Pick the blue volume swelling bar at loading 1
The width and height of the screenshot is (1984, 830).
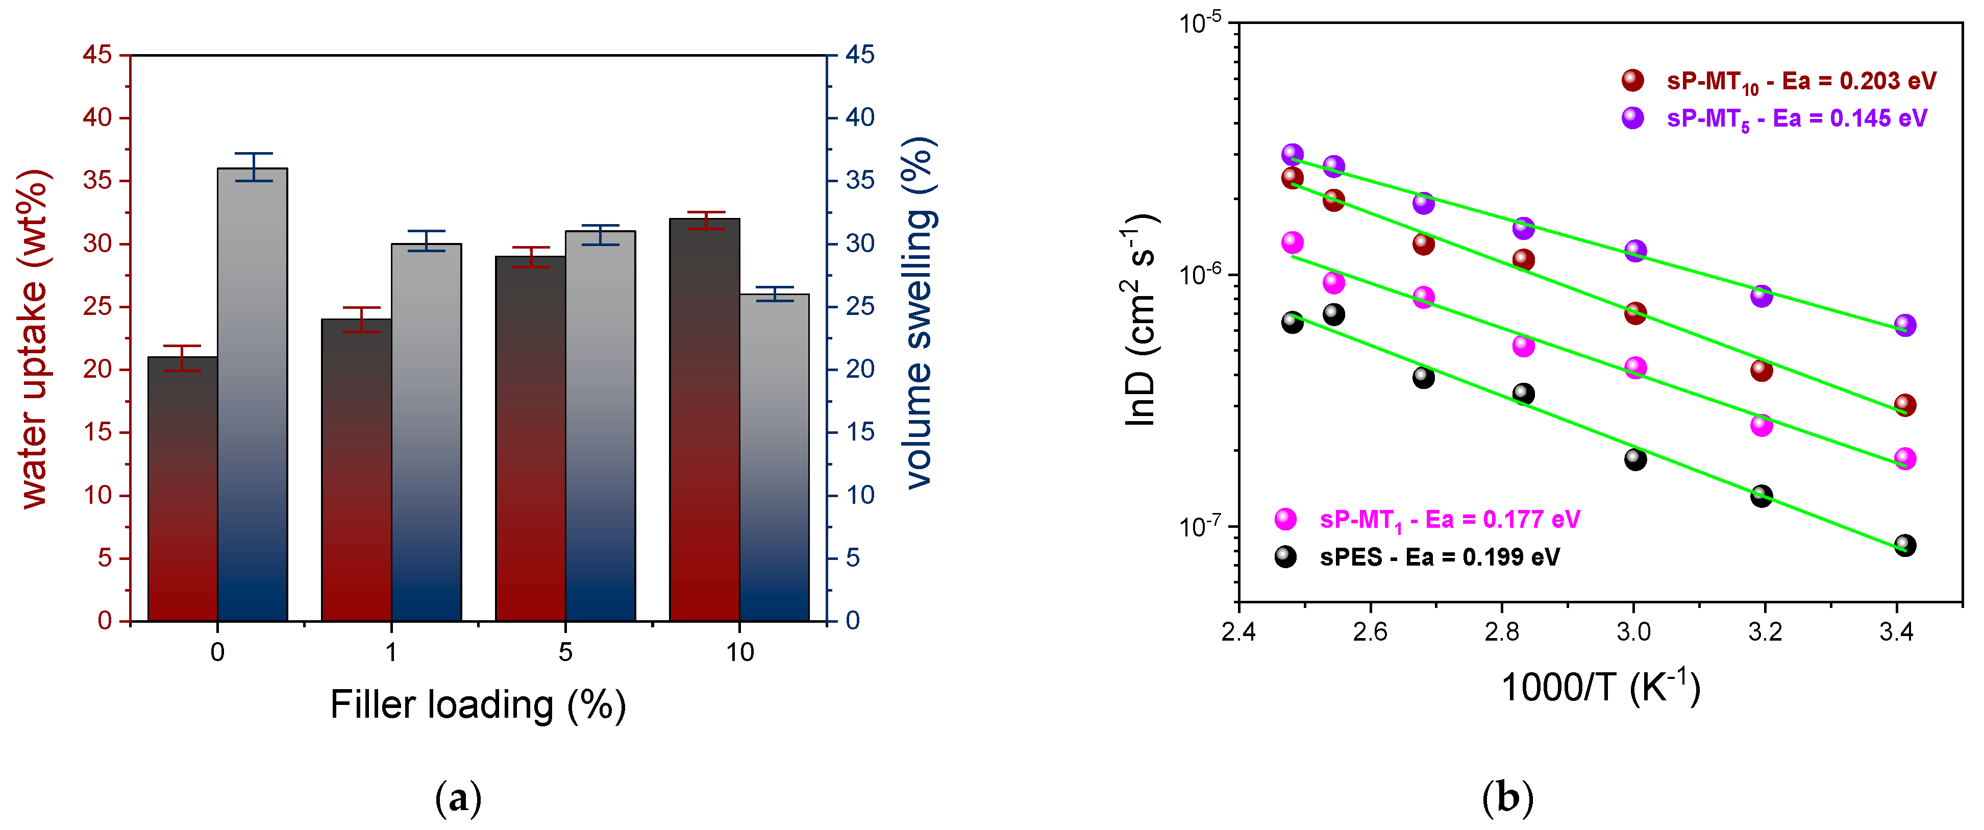point(426,431)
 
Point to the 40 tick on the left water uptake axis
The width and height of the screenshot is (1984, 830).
point(98,118)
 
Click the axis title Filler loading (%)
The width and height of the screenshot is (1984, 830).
point(478,704)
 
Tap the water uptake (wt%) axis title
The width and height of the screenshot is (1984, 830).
point(34,339)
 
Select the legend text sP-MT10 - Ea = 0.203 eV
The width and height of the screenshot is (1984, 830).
point(1801,81)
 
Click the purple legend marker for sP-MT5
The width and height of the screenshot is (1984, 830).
point(1632,118)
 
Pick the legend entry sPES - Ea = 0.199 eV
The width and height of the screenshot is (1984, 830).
point(1439,556)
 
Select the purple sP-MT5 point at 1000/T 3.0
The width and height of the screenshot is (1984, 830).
point(1635,251)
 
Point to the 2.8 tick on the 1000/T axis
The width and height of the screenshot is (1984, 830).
point(1501,632)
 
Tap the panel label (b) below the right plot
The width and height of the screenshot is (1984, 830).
point(1507,798)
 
